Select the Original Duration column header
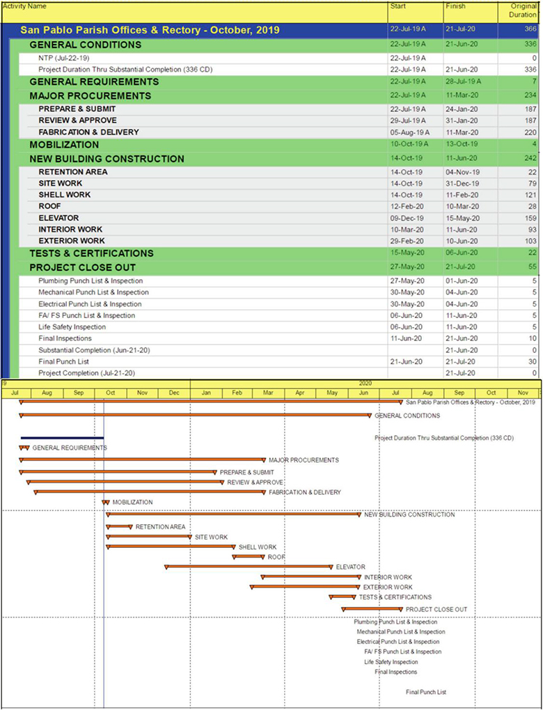pyautogui.click(x=522, y=10)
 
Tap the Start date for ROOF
pyautogui.click(x=406, y=206)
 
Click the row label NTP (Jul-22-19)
pyautogui.click(x=64, y=58)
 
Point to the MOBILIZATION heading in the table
pyautogui.click(x=64, y=145)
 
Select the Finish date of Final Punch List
pyautogui.click(x=460, y=361)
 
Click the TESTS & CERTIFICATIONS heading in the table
pyautogui.click(x=91, y=253)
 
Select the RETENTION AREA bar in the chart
pyautogui.click(x=119, y=527)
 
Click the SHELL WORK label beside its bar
pyautogui.click(x=258, y=547)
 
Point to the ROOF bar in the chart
pyautogui.click(x=249, y=557)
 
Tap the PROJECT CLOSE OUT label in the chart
pyautogui.click(x=436, y=609)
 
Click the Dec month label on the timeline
pyautogui.click(x=174, y=393)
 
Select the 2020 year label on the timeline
pyautogui.click(x=365, y=384)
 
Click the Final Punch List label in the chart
pyautogui.click(x=426, y=692)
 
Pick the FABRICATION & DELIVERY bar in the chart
pyautogui.click(x=149, y=492)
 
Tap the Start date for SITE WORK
pyautogui.click(x=406, y=183)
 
